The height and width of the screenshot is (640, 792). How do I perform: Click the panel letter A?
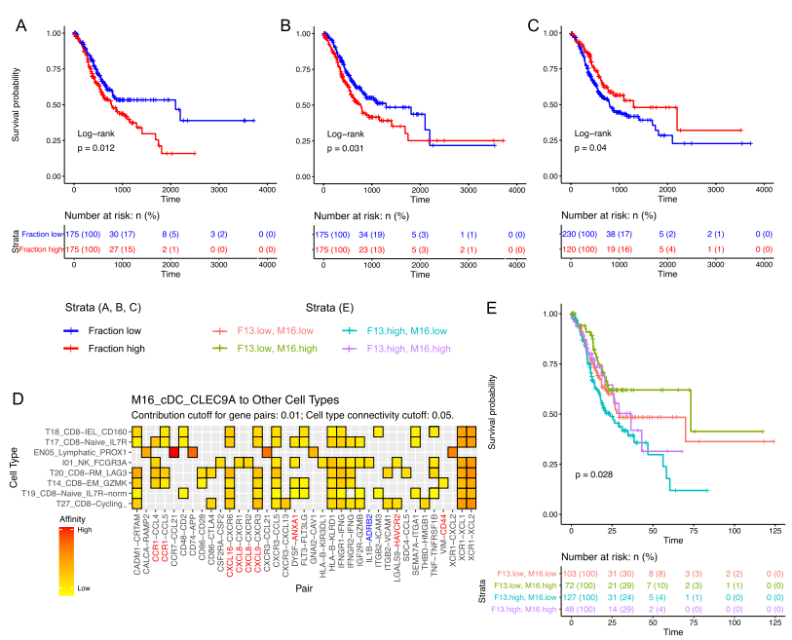pyautogui.click(x=21, y=26)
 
